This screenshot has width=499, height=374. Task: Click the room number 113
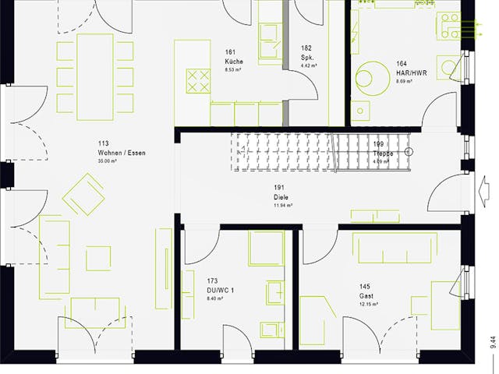(x=103, y=143)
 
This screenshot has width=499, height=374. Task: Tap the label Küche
(x=234, y=61)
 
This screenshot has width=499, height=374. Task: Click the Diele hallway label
(x=281, y=197)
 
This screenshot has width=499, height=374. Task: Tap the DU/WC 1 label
(x=221, y=288)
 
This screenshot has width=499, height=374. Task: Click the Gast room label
(x=366, y=295)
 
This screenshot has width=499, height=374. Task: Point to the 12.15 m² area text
(x=369, y=304)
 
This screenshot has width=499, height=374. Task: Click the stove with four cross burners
(x=198, y=79)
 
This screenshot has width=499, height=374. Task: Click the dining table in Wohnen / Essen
(x=94, y=76)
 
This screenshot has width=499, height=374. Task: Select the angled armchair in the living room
(x=83, y=194)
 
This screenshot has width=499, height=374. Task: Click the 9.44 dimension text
(x=491, y=342)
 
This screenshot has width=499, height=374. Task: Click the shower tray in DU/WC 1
(x=266, y=249)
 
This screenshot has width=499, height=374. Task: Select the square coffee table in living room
(x=98, y=258)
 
